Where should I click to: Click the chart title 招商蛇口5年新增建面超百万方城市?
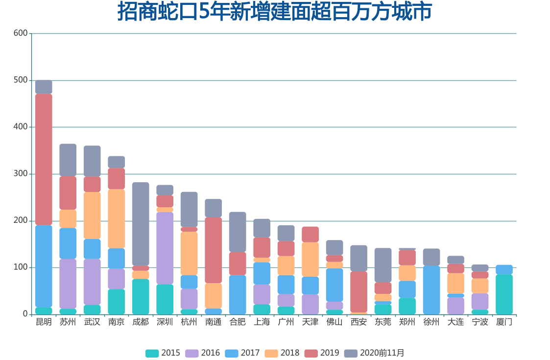pyautogui.click(x=274, y=12)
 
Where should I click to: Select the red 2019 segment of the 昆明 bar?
pyautogui.click(x=44, y=159)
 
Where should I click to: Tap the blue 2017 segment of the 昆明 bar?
pyautogui.click(x=44, y=266)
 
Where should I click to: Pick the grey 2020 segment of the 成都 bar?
pyautogui.click(x=141, y=224)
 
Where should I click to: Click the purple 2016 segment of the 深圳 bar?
pyautogui.click(x=165, y=248)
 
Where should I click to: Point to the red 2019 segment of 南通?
pyautogui.click(x=213, y=250)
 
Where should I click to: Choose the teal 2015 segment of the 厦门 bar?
pyautogui.click(x=504, y=294)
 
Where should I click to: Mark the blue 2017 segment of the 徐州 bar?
pyautogui.click(x=431, y=289)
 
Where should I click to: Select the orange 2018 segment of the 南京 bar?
pyautogui.click(x=117, y=218)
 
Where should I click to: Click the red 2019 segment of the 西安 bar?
pyautogui.click(x=359, y=291)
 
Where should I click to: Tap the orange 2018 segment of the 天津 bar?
pyautogui.click(x=310, y=259)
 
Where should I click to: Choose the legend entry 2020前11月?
pyautogui.click(x=374, y=353)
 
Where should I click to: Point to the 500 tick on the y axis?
pyautogui.click(x=20, y=80)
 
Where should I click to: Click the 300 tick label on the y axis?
pyautogui.click(x=20, y=174)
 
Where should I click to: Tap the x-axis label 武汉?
pyautogui.click(x=92, y=322)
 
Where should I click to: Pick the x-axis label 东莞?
pyautogui.click(x=383, y=322)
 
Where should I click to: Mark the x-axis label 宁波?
pyautogui.click(x=480, y=322)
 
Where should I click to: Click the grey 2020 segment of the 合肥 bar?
pyautogui.click(x=238, y=232)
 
